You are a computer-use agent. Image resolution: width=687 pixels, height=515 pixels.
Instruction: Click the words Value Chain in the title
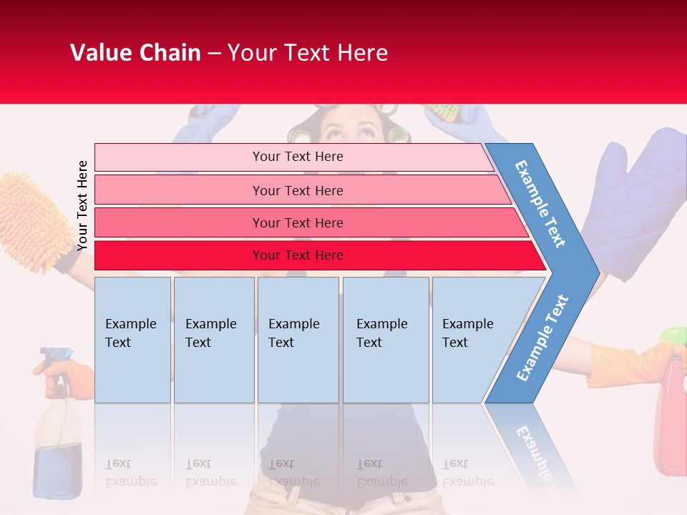(x=135, y=53)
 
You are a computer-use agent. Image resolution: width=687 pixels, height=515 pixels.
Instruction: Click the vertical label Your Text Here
(x=82, y=205)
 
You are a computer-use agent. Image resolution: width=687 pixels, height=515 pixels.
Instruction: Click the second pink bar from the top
(x=298, y=190)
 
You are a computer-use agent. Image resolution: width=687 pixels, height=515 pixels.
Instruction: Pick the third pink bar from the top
(x=298, y=222)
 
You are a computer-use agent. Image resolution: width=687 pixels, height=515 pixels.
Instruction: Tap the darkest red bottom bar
(x=298, y=255)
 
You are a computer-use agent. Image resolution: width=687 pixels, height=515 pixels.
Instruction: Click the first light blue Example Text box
(x=132, y=340)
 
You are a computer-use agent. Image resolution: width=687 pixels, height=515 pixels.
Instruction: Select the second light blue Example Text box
(x=213, y=340)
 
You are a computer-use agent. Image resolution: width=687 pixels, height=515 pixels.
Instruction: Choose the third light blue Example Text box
(x=298, y=340)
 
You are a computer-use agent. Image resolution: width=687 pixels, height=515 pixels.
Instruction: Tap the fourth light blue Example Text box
(x=385, y=340)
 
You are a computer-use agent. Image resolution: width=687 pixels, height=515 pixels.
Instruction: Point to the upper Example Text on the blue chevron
(x=541, y=204)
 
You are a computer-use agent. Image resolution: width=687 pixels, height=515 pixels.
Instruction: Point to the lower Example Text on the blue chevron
(x=542, y=338)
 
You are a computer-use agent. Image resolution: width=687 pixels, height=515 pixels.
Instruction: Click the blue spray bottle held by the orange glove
(x=57, y=436)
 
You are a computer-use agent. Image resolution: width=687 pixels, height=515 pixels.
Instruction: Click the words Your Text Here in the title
(x=308, y=53)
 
